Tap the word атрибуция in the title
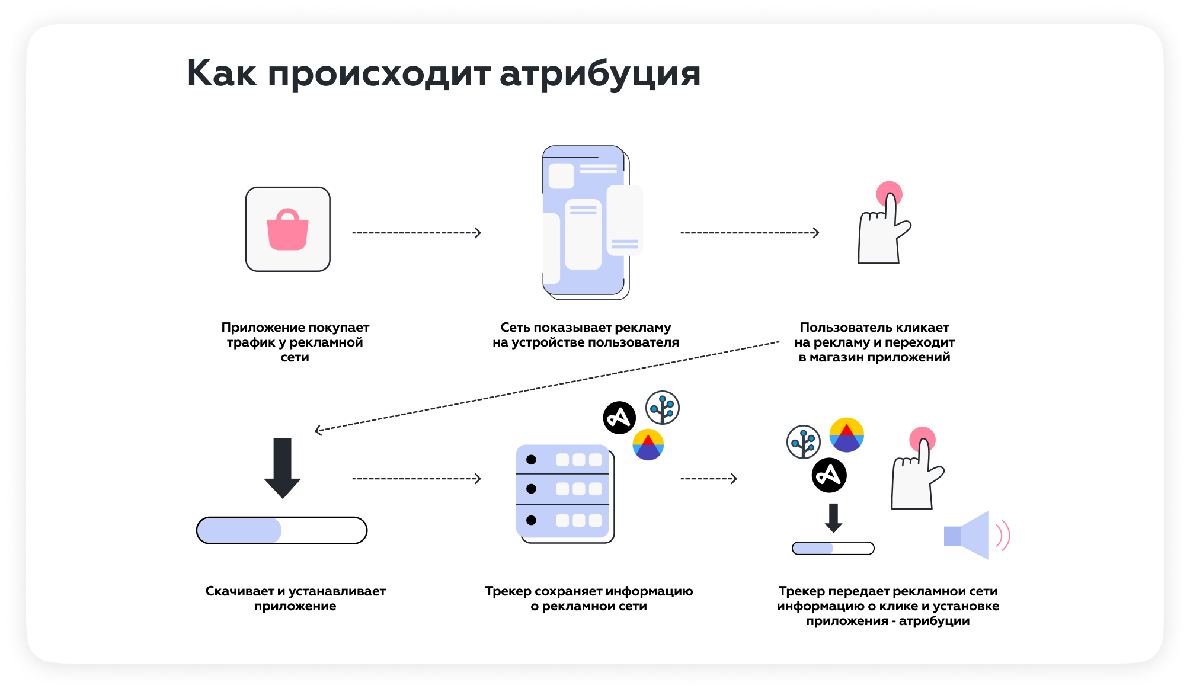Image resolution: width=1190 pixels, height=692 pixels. click(x=600, y=73)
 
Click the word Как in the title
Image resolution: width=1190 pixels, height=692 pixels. click(x=222, y=73)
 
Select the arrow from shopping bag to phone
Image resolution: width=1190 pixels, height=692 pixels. click(x=416, y=233)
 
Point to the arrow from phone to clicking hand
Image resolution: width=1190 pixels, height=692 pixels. click(x=750, y=233)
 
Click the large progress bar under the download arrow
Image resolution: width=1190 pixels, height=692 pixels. click(x=281, y=530)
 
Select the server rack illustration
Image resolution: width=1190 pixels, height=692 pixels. click(x=564, y=493)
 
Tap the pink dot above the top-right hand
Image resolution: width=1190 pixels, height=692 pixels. click(x=889, y=194)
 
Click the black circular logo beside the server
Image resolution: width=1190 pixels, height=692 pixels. click(x=619, y=418)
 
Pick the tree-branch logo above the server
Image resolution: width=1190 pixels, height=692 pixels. click(x=663, y=408)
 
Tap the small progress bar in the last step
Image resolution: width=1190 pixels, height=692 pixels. click(x=833, y=548)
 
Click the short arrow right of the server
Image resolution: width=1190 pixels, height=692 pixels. click(x=709, y=478)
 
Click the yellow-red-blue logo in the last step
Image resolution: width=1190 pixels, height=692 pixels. click(x=846, y=435)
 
